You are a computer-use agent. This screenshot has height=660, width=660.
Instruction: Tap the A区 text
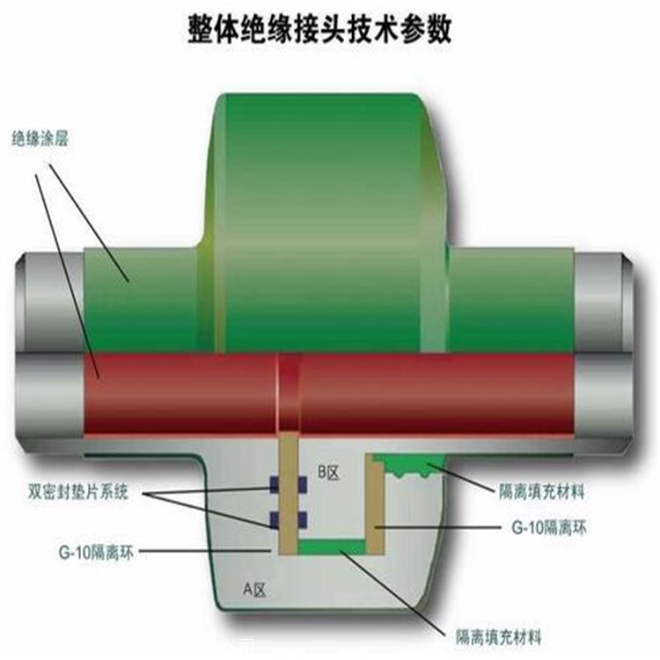click(x=253, y=589)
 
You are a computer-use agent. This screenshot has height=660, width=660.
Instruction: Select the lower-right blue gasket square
click(x=299, y=517)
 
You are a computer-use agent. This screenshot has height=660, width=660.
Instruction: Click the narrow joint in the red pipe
click(x=289, y=393)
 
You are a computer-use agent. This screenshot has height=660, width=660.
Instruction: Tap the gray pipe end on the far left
click(x=44, y=343)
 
